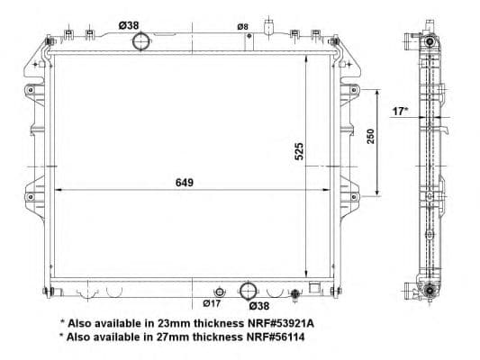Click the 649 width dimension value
coord(185,182)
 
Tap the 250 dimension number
coord(370,137)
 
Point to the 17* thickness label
coord(400,112)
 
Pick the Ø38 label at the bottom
coord(259,305)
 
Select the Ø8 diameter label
coord(242,27)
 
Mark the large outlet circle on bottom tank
coord(248,291)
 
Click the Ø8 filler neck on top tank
coord(268,25)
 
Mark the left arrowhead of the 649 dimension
coord(59,190)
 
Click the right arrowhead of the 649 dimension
coord(323,190)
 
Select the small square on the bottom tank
coord(314,289)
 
